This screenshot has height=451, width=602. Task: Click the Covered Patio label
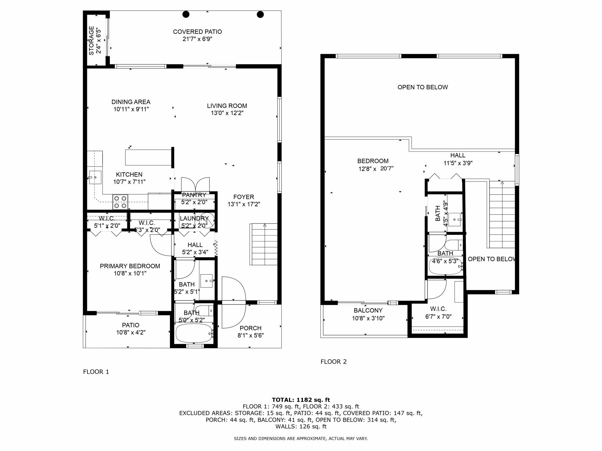click(x=197, y=32)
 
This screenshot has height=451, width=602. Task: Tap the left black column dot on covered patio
click(x=186, y=14)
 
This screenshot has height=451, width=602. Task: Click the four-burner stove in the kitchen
click(x=120, y=202)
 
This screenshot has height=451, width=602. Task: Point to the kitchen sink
click(x=95, y=177)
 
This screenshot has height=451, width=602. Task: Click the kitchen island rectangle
click(x=148, y=157)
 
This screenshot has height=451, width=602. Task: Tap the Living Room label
click(x=227, y=106)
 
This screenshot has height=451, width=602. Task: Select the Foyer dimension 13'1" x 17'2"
click(x=244, y=204)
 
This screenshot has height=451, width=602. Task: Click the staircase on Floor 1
click(x=264, y=244)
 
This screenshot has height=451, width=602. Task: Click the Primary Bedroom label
click(x=130, y=266)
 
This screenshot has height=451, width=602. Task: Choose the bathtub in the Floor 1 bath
click(x=194, y=333)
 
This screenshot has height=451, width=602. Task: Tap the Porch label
click(x=250, y=328)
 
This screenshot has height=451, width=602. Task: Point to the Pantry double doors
click(x=195, y=184)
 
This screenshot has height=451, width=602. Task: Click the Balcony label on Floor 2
click(x=368, y=311)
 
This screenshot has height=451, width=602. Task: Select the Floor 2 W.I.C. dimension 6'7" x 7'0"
click(x=438, y=317)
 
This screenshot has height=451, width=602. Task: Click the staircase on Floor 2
click(x=502, y=215)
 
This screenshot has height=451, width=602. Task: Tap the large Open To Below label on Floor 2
click(x=422, y=87)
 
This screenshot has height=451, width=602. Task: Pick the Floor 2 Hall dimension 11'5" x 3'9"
click(x=458, y=163)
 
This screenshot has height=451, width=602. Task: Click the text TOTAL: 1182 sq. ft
click(x=301, y=400)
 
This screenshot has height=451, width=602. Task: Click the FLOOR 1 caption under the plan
click(x=96, y=372)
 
